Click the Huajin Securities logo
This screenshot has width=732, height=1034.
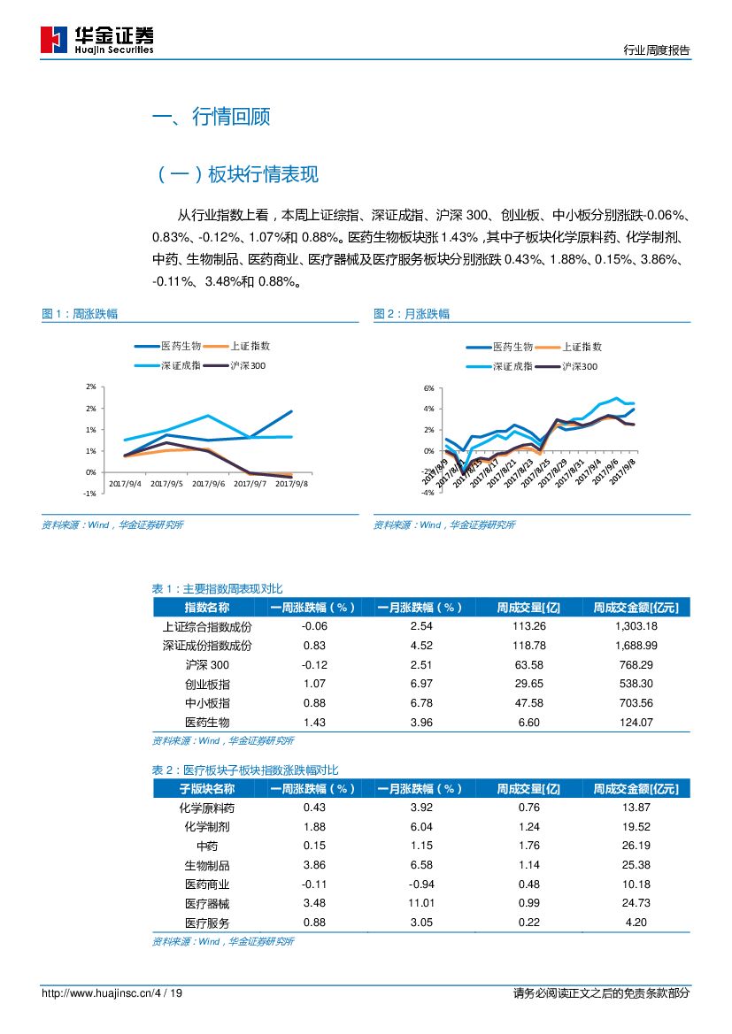coord(97,39)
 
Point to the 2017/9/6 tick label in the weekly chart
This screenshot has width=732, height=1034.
coord(209,483)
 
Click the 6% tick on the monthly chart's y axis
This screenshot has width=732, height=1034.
coord(428,388)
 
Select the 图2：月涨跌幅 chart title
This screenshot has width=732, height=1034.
coord(412,314)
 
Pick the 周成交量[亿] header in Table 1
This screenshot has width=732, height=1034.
coord(528,608)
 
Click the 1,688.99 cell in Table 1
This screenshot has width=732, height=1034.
coord(636,646)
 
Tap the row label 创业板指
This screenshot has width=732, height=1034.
coord(207,684)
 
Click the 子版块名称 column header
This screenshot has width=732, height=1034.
coord(207,789)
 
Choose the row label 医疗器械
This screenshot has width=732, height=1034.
coord(207,903)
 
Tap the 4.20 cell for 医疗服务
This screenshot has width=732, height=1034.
coord(636,923)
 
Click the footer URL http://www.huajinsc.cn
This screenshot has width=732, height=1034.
coord(96,993)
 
